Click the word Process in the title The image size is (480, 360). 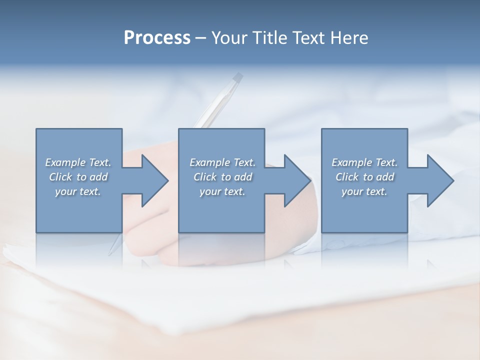(157, 38)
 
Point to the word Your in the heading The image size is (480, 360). (228, 38)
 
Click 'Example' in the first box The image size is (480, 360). (65, 162)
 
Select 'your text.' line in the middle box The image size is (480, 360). (222, 191)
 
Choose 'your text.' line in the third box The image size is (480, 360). (364, 191)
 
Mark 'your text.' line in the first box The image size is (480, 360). (77, 191)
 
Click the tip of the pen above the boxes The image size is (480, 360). (238, 77)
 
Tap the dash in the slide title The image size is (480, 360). (201, 38)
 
